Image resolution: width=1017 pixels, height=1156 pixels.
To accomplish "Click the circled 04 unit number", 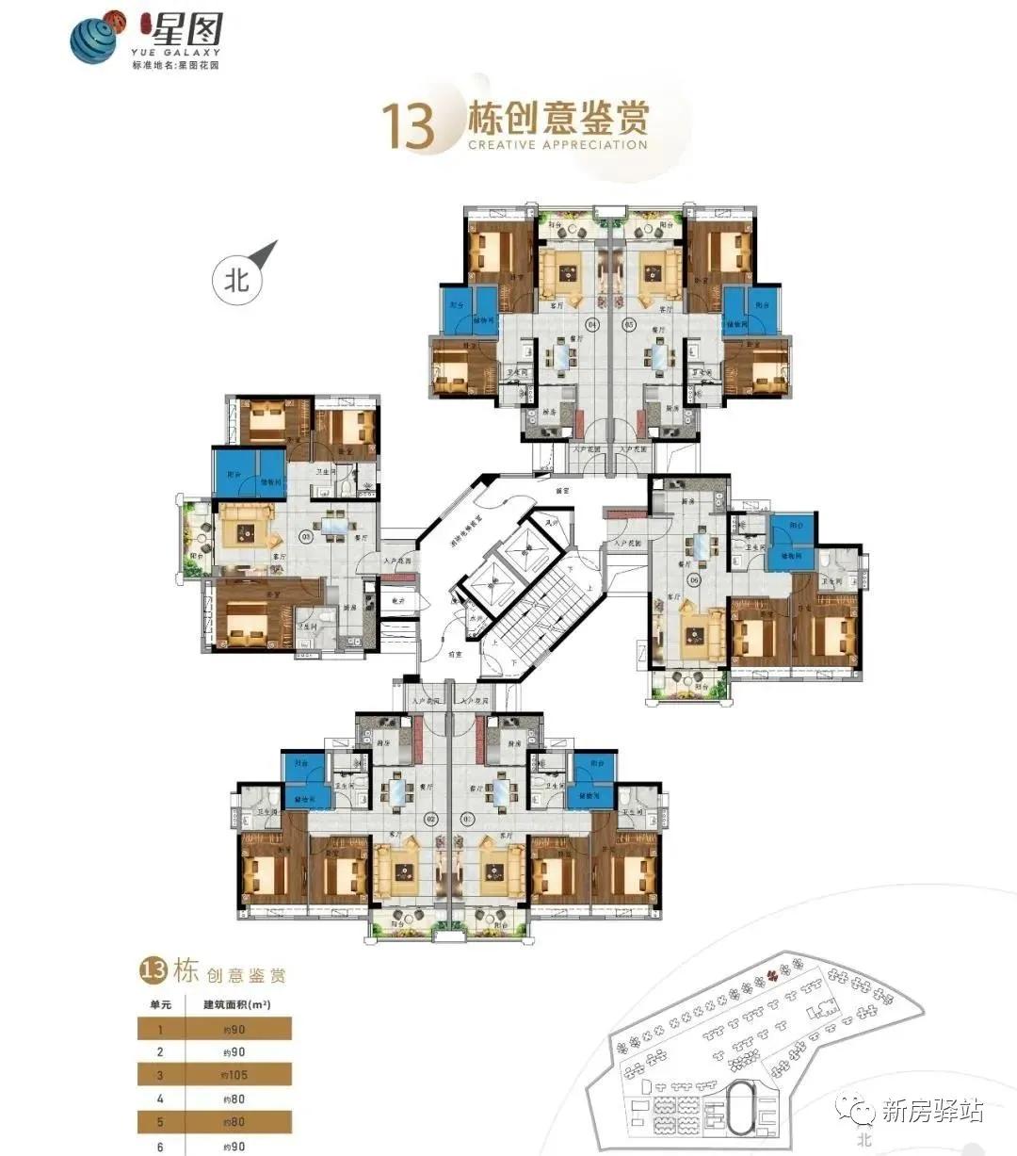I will (592, 325).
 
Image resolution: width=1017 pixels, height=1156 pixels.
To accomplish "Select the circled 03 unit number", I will (305, 536).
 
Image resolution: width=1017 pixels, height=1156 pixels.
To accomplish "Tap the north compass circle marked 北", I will (235, 280).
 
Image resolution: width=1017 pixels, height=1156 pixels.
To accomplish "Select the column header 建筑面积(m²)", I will (237, 1004).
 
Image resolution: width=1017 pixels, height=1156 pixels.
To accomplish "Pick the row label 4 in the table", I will (159, 1098).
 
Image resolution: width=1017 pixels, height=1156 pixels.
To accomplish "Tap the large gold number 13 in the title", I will (407, 127).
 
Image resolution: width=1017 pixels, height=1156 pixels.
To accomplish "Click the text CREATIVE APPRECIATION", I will (557, 145).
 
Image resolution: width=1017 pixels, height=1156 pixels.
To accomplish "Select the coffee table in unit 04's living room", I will (568, 273).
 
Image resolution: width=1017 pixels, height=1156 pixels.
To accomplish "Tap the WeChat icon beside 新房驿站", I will (862, 1112).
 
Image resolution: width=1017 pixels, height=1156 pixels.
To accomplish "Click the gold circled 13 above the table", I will (153, 970).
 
